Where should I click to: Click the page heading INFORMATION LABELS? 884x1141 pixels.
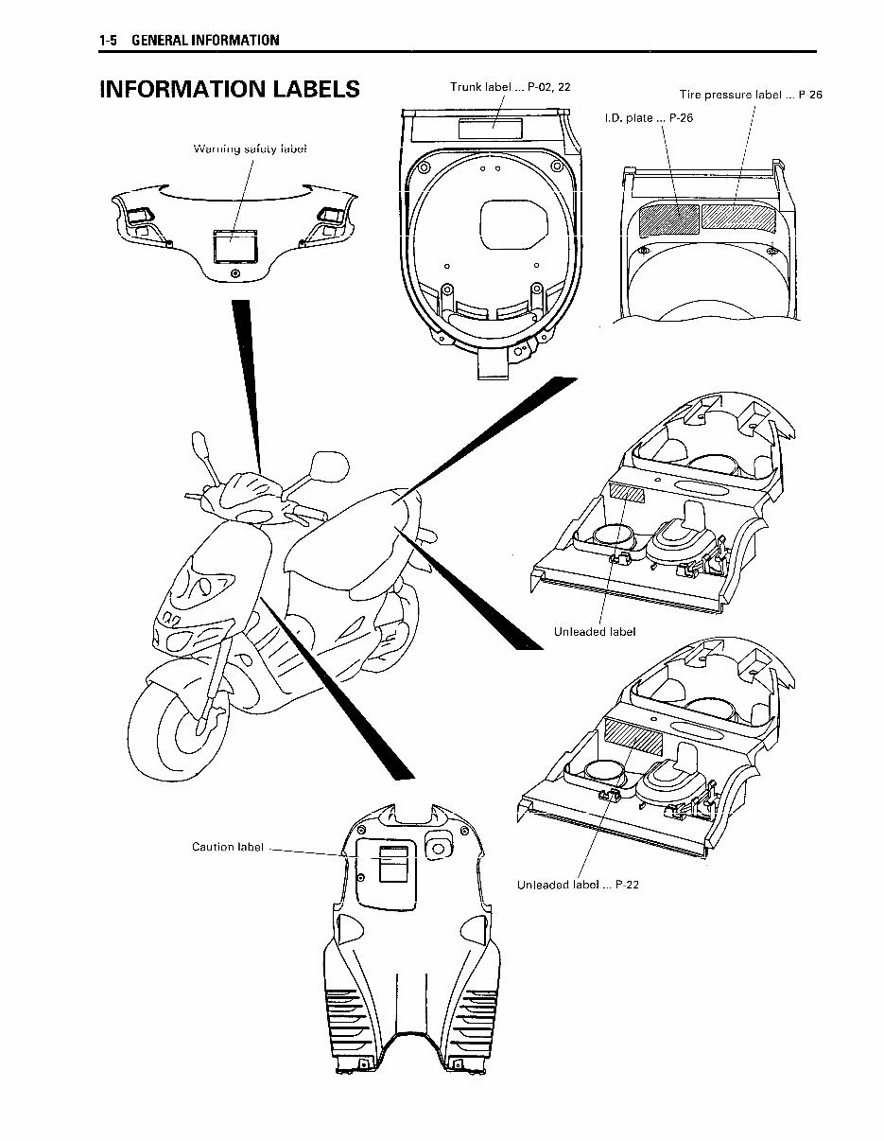(x=230, y=89)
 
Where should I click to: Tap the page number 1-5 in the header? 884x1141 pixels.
(x=111, y=40)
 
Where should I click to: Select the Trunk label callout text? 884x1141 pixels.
(x=510, y=87)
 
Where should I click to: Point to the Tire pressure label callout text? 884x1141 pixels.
(x=751, y=95)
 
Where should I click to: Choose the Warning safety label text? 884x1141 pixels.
(x=250, y=149)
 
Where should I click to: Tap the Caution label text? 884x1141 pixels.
(x=228, y=847)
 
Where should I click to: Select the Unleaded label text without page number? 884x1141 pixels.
(x=595, y=631)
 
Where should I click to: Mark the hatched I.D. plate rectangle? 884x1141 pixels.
(x=668, y=219)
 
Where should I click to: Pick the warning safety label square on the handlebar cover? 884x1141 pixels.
(x=231, y=246)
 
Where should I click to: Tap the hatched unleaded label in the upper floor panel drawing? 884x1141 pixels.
(x=626, y=492)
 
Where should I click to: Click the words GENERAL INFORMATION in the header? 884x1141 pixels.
(x=205, y=40)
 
